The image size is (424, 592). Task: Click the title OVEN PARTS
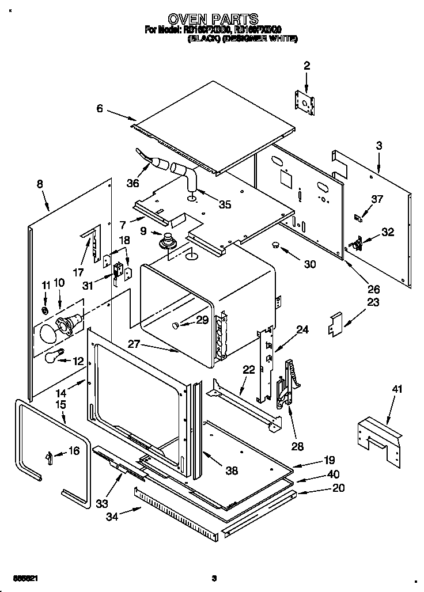[x=212, y=19]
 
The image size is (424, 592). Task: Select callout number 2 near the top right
[x=306, y=66]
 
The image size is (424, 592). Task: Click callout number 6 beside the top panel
[x=100, y=108]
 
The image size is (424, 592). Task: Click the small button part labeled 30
[x=276, y=245]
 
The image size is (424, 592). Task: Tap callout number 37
[x=377, y=199]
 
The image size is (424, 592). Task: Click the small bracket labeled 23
[x=335, y=324]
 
